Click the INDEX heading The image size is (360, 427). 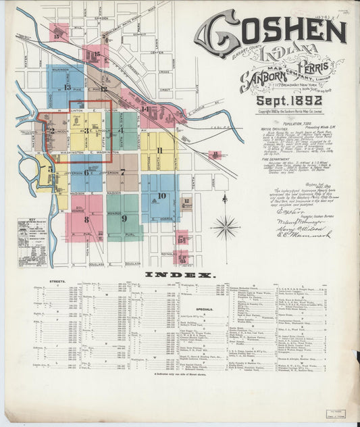(x=179, y=275)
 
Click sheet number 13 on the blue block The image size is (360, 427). (x=67, y=86)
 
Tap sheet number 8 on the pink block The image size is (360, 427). (x=86, y=219)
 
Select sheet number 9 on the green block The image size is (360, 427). (x=124, y=218)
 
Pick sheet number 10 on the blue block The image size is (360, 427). (x=161, y=197)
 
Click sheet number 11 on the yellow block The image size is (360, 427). (x=160, y=151)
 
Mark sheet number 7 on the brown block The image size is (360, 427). (x=122, y=172)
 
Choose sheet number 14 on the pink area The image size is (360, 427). (x=145, y=109)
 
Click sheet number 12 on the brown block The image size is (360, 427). (x=186, y=201)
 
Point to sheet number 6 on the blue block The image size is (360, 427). (x=86, y=172)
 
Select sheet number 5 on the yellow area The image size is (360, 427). (x=50, y=169)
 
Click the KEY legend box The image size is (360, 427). (x=27, y=250)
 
